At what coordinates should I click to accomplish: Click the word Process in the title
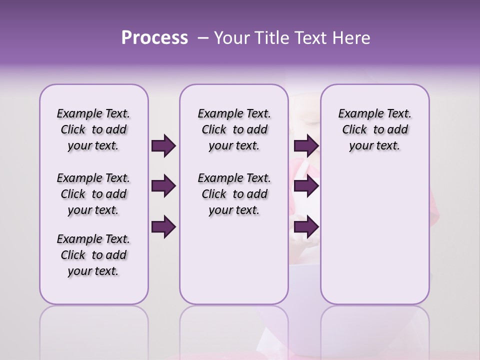154,37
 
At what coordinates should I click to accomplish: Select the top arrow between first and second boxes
163,146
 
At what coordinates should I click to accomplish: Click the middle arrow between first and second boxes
163,186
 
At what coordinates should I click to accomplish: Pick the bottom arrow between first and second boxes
163,227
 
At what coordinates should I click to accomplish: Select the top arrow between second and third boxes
306,146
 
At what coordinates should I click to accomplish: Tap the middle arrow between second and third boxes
306,186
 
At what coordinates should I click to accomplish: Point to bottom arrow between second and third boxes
306,227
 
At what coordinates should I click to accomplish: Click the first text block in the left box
93,129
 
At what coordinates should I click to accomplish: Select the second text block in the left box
93,194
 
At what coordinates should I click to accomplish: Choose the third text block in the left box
93,255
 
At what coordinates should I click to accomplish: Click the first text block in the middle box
234,129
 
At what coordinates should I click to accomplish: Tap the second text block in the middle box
234,194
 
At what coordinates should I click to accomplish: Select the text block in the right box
375,129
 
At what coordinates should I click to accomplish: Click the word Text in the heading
311,37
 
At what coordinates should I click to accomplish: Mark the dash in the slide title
202,37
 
